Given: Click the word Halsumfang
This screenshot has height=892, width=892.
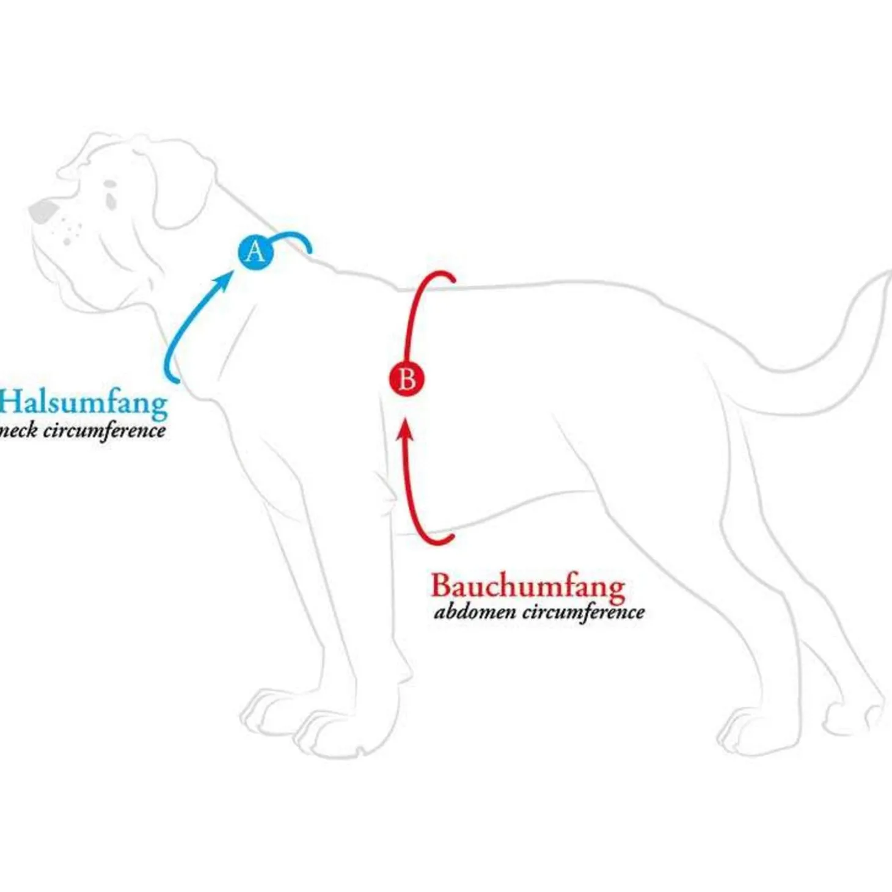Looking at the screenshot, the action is (x=84, y=404).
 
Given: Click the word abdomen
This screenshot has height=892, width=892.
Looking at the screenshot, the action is (x=475, y=613).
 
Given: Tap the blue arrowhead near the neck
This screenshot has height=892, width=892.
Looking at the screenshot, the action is (x=224, y=282).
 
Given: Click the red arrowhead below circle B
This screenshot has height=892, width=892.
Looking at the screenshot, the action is (x=406, y=428).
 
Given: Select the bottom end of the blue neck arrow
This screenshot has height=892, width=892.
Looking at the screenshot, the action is (x=178, y=382).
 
